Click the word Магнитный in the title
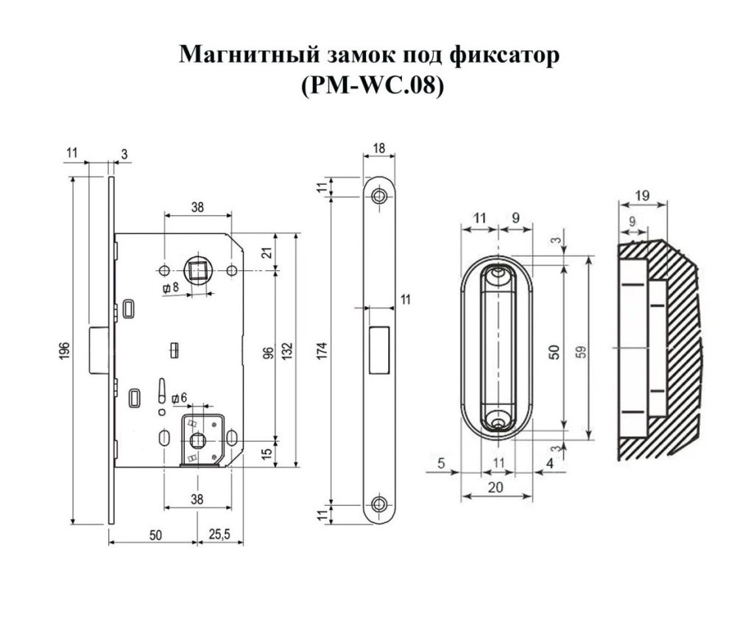tap(250, 54)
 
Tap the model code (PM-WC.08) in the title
tap(371, 85)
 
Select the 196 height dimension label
tap(66, 350)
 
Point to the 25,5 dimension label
tap(219, 534)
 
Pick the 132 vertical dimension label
tap(287, 351)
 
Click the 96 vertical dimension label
tap(268, 353)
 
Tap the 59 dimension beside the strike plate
tap(582, 351)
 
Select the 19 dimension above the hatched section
tap(642, 196)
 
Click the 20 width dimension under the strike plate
tap(496, 487)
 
